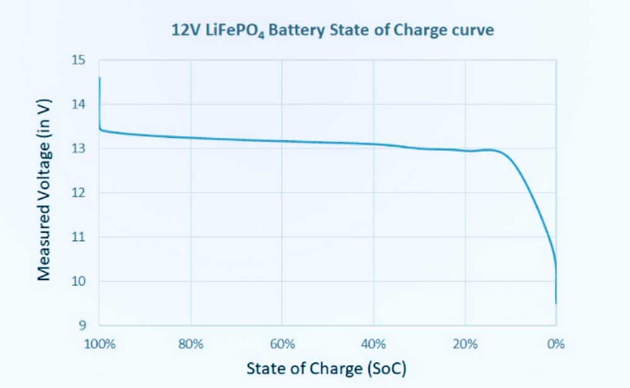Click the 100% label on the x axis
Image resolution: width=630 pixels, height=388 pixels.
coord(99,344)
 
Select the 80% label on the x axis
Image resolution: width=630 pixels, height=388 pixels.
coord(190,344)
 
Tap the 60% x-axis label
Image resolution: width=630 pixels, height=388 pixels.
coord(282,344)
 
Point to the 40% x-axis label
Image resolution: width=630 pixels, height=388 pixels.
coord(374,344)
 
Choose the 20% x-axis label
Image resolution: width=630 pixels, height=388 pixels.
coord(465,344)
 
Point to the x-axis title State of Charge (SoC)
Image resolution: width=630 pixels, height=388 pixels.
coord(326,369)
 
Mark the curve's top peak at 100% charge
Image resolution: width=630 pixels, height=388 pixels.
coord(100,77)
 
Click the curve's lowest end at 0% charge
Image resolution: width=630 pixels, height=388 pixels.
coord(556,303)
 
